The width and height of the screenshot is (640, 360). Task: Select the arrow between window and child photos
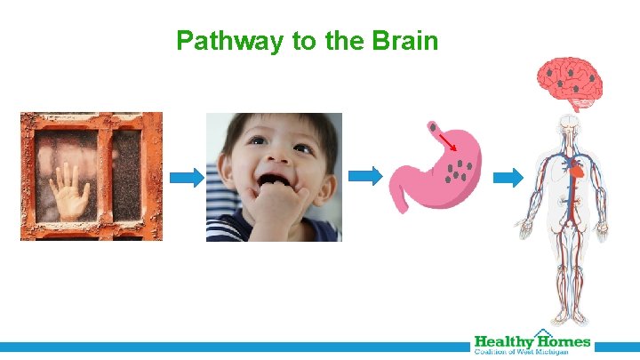pyautogui.click(x=186, y=178)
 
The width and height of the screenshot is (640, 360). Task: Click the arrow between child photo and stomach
pyautogui.click(x=364, y=177)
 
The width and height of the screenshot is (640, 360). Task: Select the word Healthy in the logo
pyautogui.click(x=502, y=341)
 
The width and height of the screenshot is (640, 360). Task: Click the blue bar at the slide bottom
pyautogui.click(x=231, y=346)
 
